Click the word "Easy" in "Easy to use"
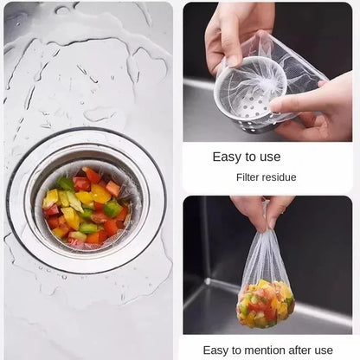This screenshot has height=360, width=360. point(228,157)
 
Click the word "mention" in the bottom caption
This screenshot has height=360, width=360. point(260,349)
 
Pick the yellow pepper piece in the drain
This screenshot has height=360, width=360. point(100,195)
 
